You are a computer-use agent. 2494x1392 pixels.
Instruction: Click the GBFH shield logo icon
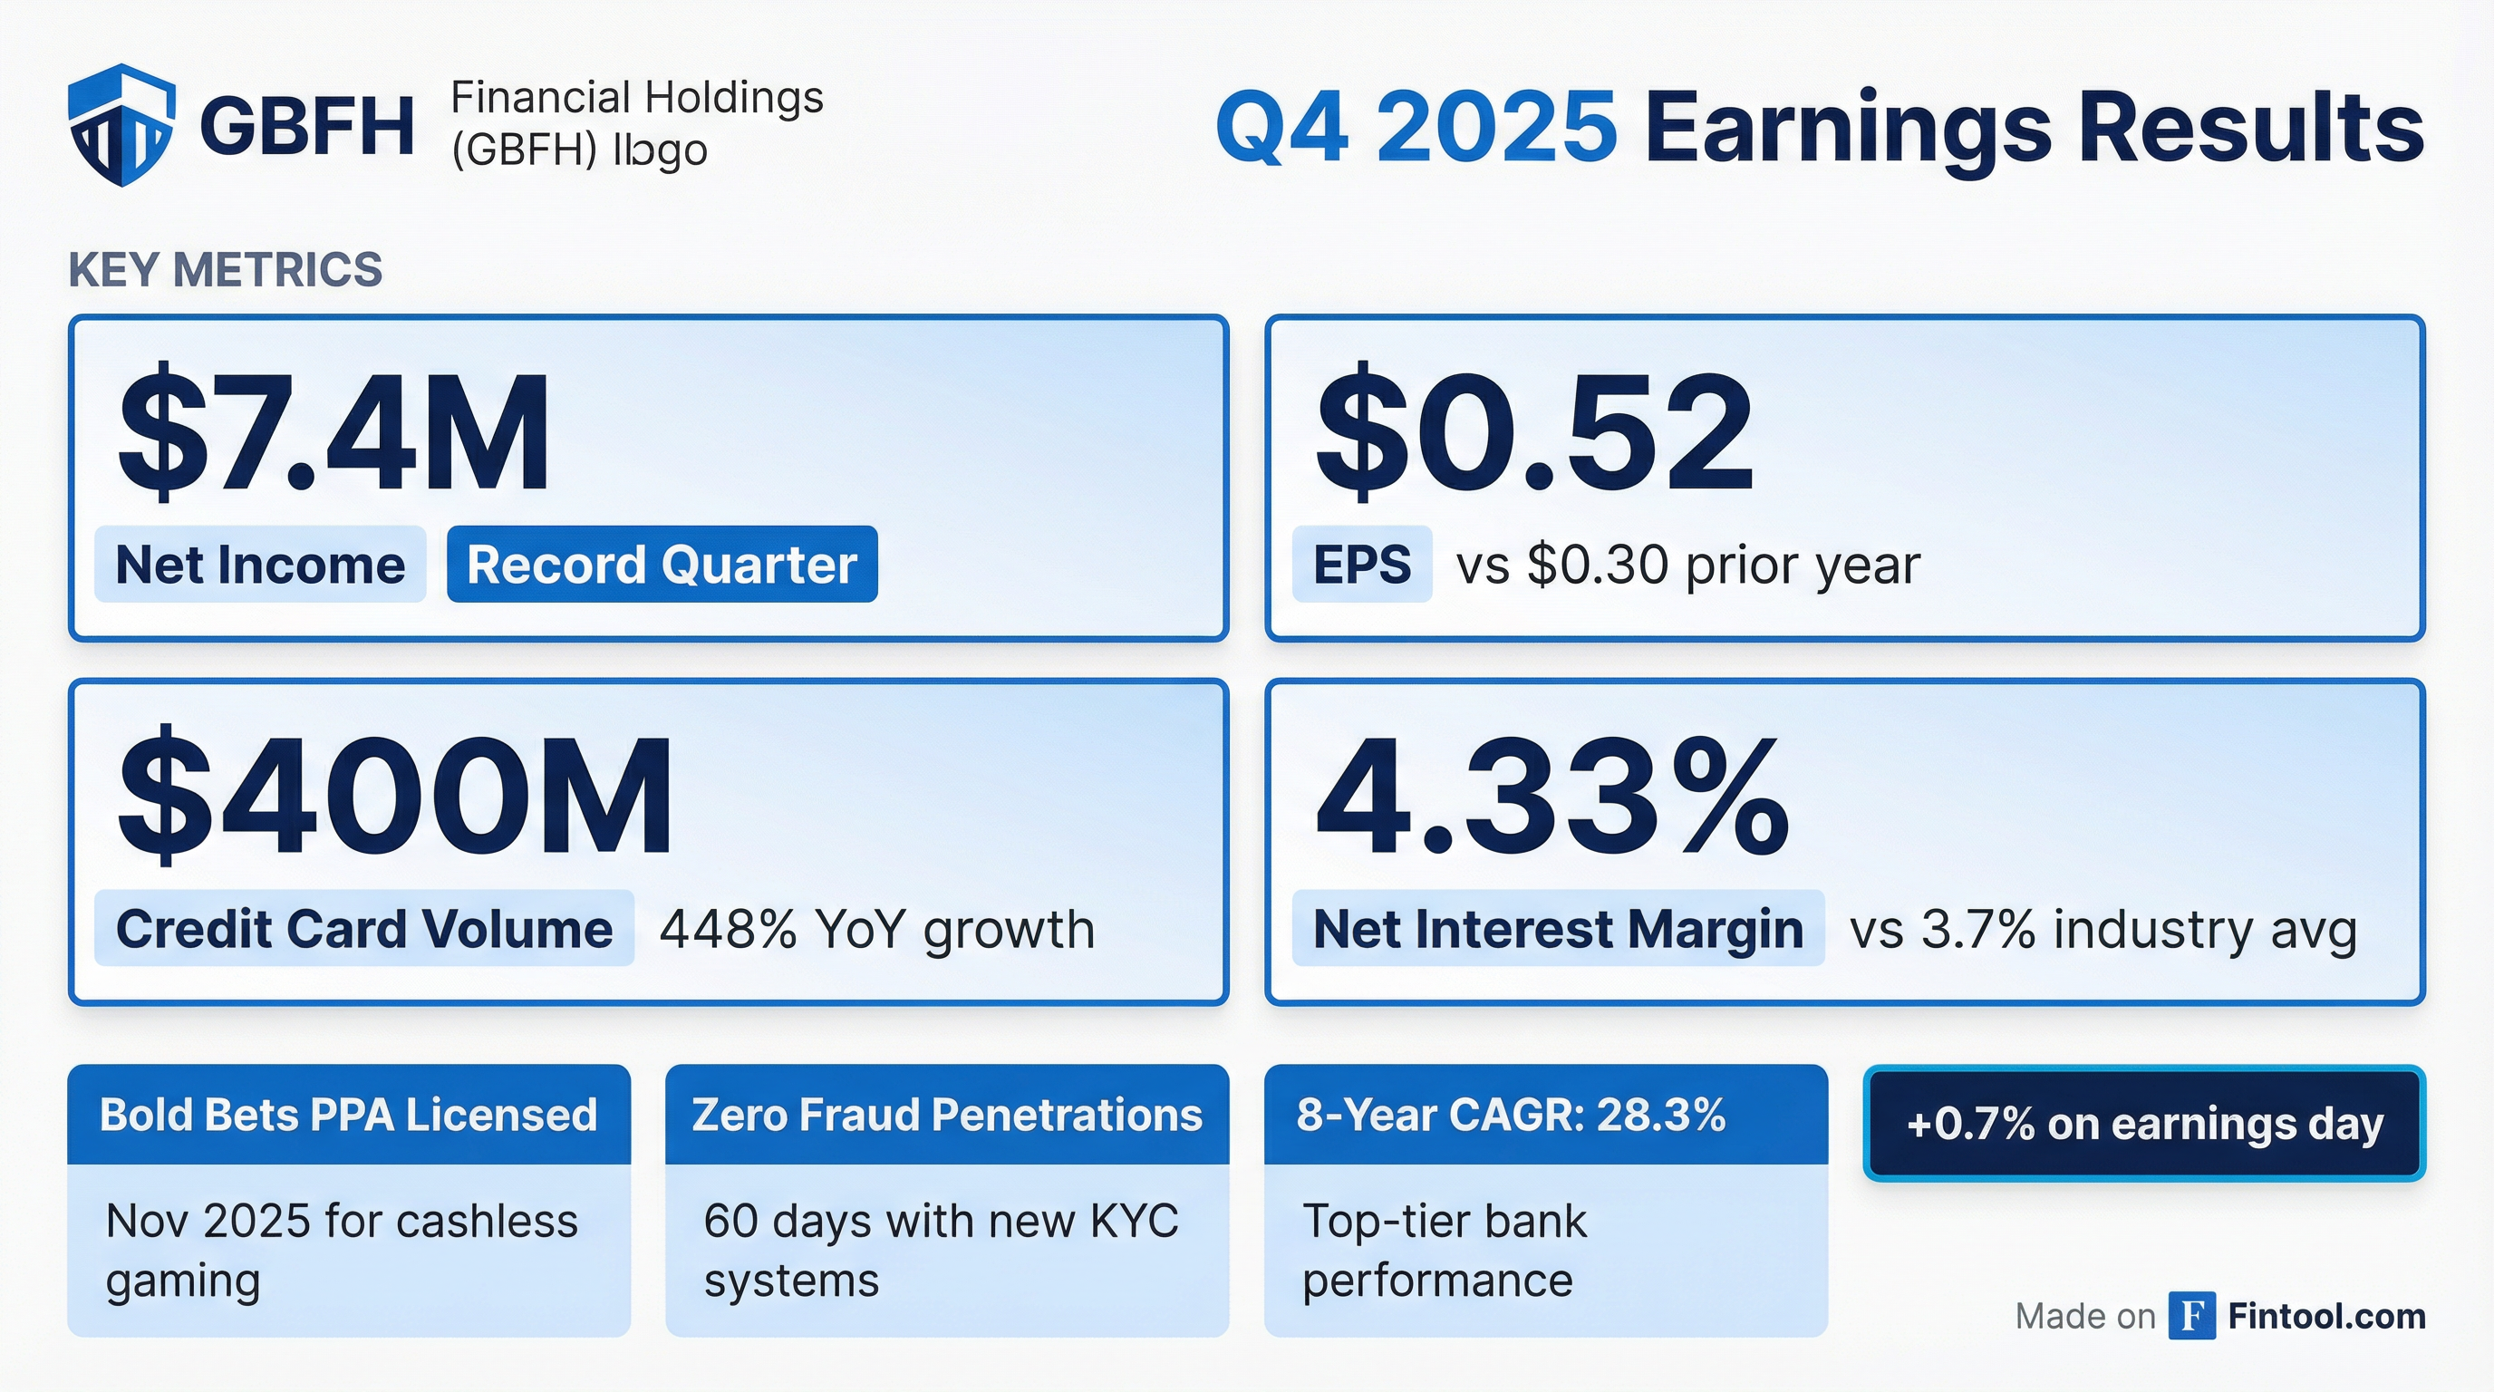click(x=122, y=125)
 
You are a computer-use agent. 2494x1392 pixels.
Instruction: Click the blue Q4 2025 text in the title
click(x=1416, y=127)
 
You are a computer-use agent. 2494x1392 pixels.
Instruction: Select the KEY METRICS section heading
click(x=226, y=269)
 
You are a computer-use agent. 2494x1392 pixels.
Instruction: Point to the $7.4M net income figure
click(x=334, y=430)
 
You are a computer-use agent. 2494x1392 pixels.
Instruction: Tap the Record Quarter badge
click(x=662, y=565)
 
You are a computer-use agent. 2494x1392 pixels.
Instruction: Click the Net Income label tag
click(x=260, y=565)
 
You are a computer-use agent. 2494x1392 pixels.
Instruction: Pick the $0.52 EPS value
click(x=1533, y=430)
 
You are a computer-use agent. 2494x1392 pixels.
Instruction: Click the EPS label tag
click(x=1362, y=565)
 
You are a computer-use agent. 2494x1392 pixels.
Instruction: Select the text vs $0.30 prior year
click(x=1688, y=565)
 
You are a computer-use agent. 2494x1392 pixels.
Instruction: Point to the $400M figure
click(x=395, y=796)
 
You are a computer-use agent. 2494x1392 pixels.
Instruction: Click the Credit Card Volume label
click(x=364, y=928)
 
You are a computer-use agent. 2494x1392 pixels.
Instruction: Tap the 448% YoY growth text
click(x=877, y=929)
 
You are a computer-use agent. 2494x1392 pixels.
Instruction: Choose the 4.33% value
click(x=1552, y=796)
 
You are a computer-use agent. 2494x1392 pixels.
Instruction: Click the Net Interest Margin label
click(x=1558, y=928)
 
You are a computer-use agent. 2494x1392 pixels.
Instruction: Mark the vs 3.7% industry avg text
click(x=2102, y=929)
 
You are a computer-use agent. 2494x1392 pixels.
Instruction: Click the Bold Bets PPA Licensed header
click(x=349, y=1114)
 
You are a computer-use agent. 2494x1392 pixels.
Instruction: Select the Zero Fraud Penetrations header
click(x=947, y=1114)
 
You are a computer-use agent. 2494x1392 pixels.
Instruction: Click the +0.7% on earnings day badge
click(x=2144, y=1124)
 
